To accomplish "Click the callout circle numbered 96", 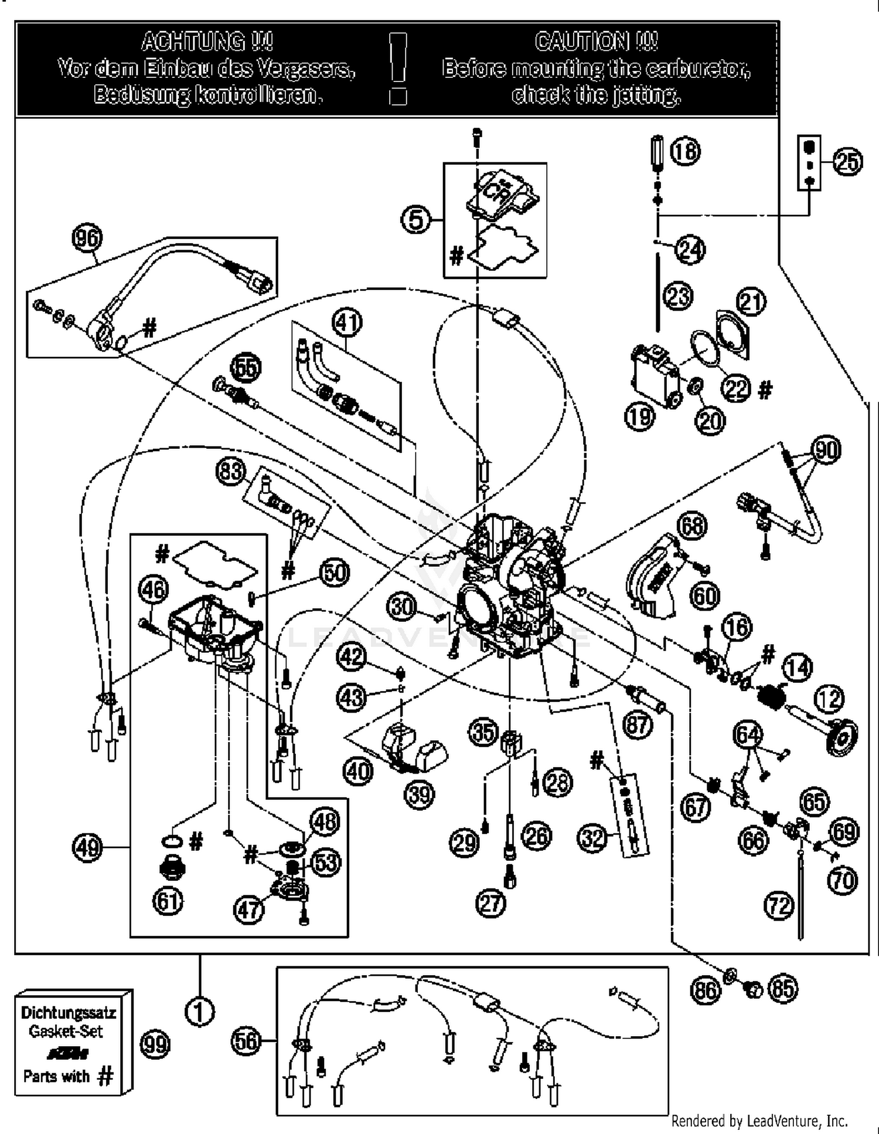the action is tap(86, 238).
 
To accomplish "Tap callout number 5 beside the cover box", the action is tap(415, 220).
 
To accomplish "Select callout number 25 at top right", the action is tap(848, 162).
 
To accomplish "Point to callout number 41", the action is tap(347, 322).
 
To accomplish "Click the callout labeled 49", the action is tap(87, 847).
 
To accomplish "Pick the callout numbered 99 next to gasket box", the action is tap(155, 1044).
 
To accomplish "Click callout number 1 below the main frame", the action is tap(199, 1011).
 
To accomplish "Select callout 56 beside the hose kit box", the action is tap(246, 1041).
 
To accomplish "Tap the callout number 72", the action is tap(779, 905).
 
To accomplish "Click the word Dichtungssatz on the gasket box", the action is tap(68, 1012).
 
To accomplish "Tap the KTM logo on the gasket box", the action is tap(68, 1053).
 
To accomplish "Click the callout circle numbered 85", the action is tap(783, 989).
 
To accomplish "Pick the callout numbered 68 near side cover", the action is tap(692, 526).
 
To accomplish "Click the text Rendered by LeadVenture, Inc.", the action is tap(759, 1121).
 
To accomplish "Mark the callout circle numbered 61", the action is tap(168, 901).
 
